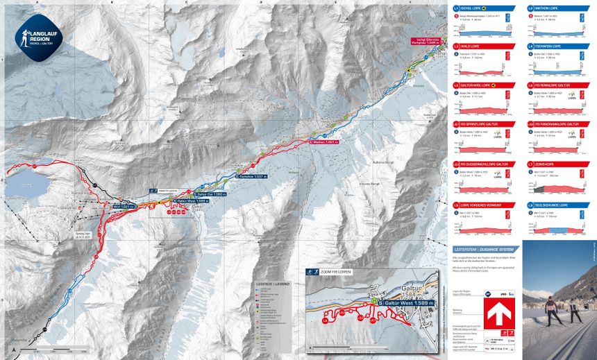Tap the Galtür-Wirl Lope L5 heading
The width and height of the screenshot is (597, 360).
[x=477, y=85]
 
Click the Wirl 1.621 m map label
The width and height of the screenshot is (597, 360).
[x=124, y=206]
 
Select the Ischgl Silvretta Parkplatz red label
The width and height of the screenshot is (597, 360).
[x=428, y=41]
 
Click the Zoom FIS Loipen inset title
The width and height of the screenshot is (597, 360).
[x=335, y=272]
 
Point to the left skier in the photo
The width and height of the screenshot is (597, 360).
[x=551, y=311]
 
